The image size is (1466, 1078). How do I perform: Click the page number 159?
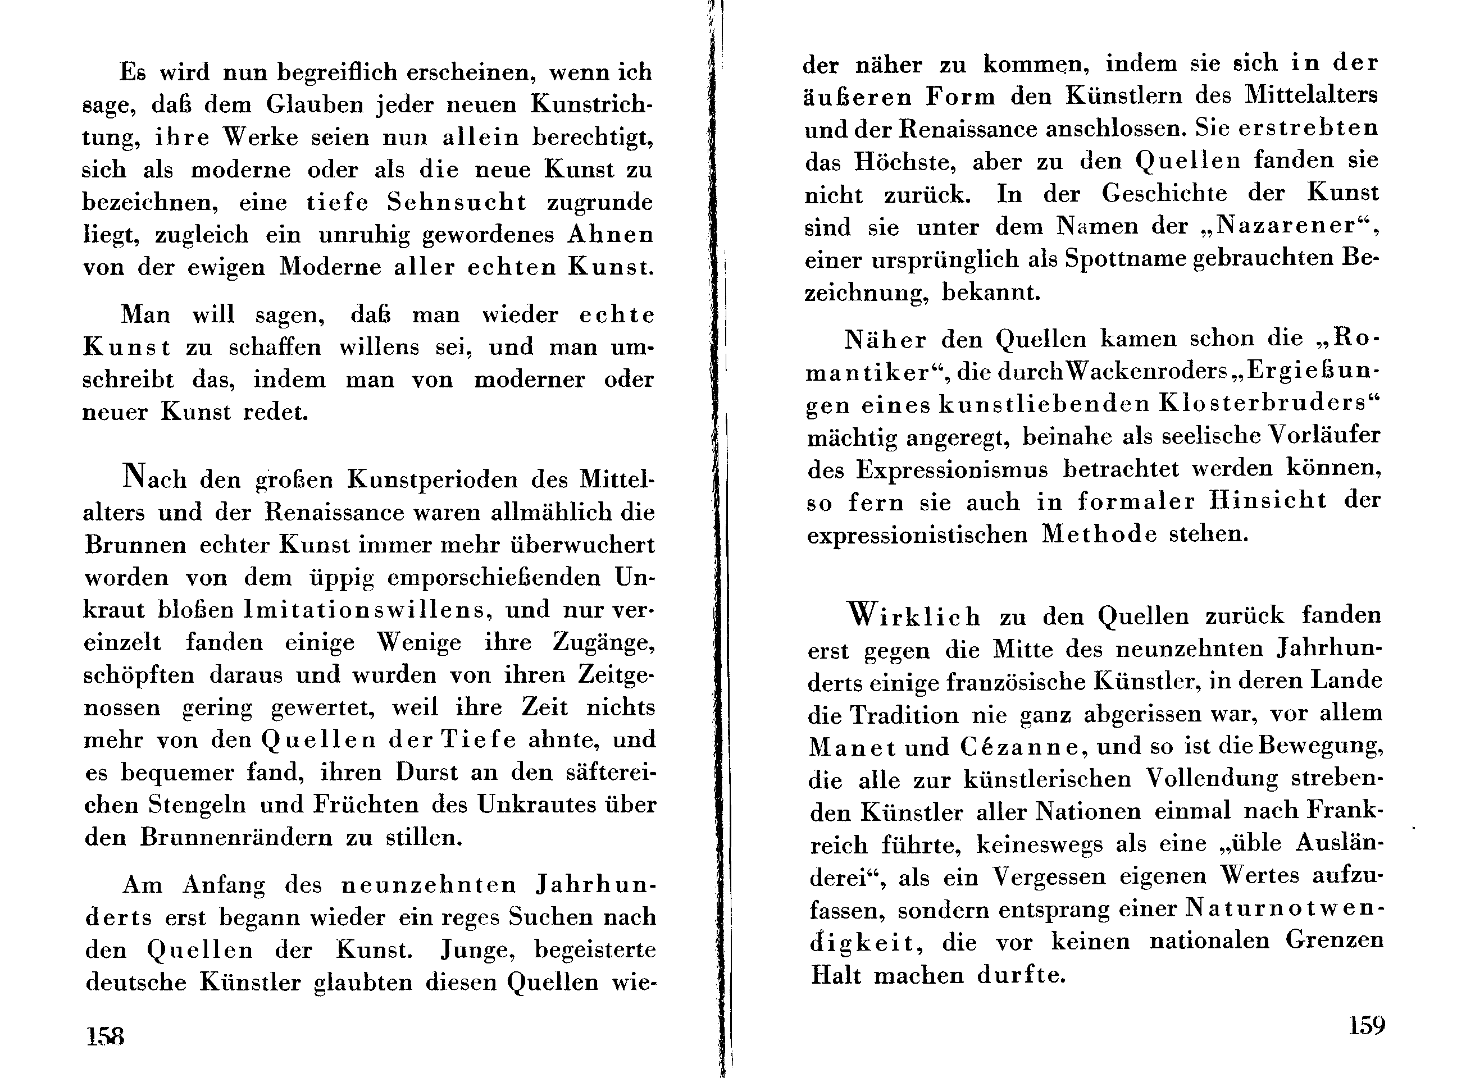1367,1026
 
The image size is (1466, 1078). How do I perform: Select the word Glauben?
314,104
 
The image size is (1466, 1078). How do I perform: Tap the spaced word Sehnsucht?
456,202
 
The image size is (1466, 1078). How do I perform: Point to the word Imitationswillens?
365,610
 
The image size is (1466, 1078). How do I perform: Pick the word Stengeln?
197,805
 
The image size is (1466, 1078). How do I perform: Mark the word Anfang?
224,885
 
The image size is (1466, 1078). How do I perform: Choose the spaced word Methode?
1099,535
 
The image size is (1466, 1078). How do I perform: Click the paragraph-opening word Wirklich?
913,615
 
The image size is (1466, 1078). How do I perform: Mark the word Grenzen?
1334,942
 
